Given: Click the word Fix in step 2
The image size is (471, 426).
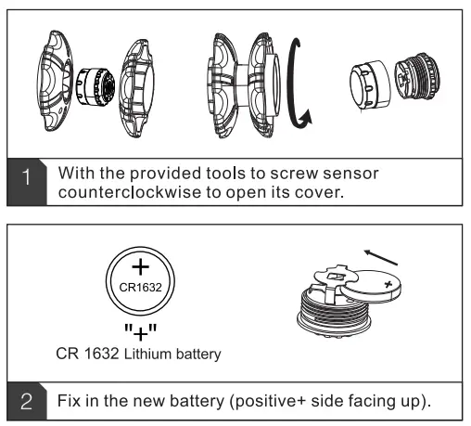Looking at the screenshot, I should [x=71, y=400].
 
